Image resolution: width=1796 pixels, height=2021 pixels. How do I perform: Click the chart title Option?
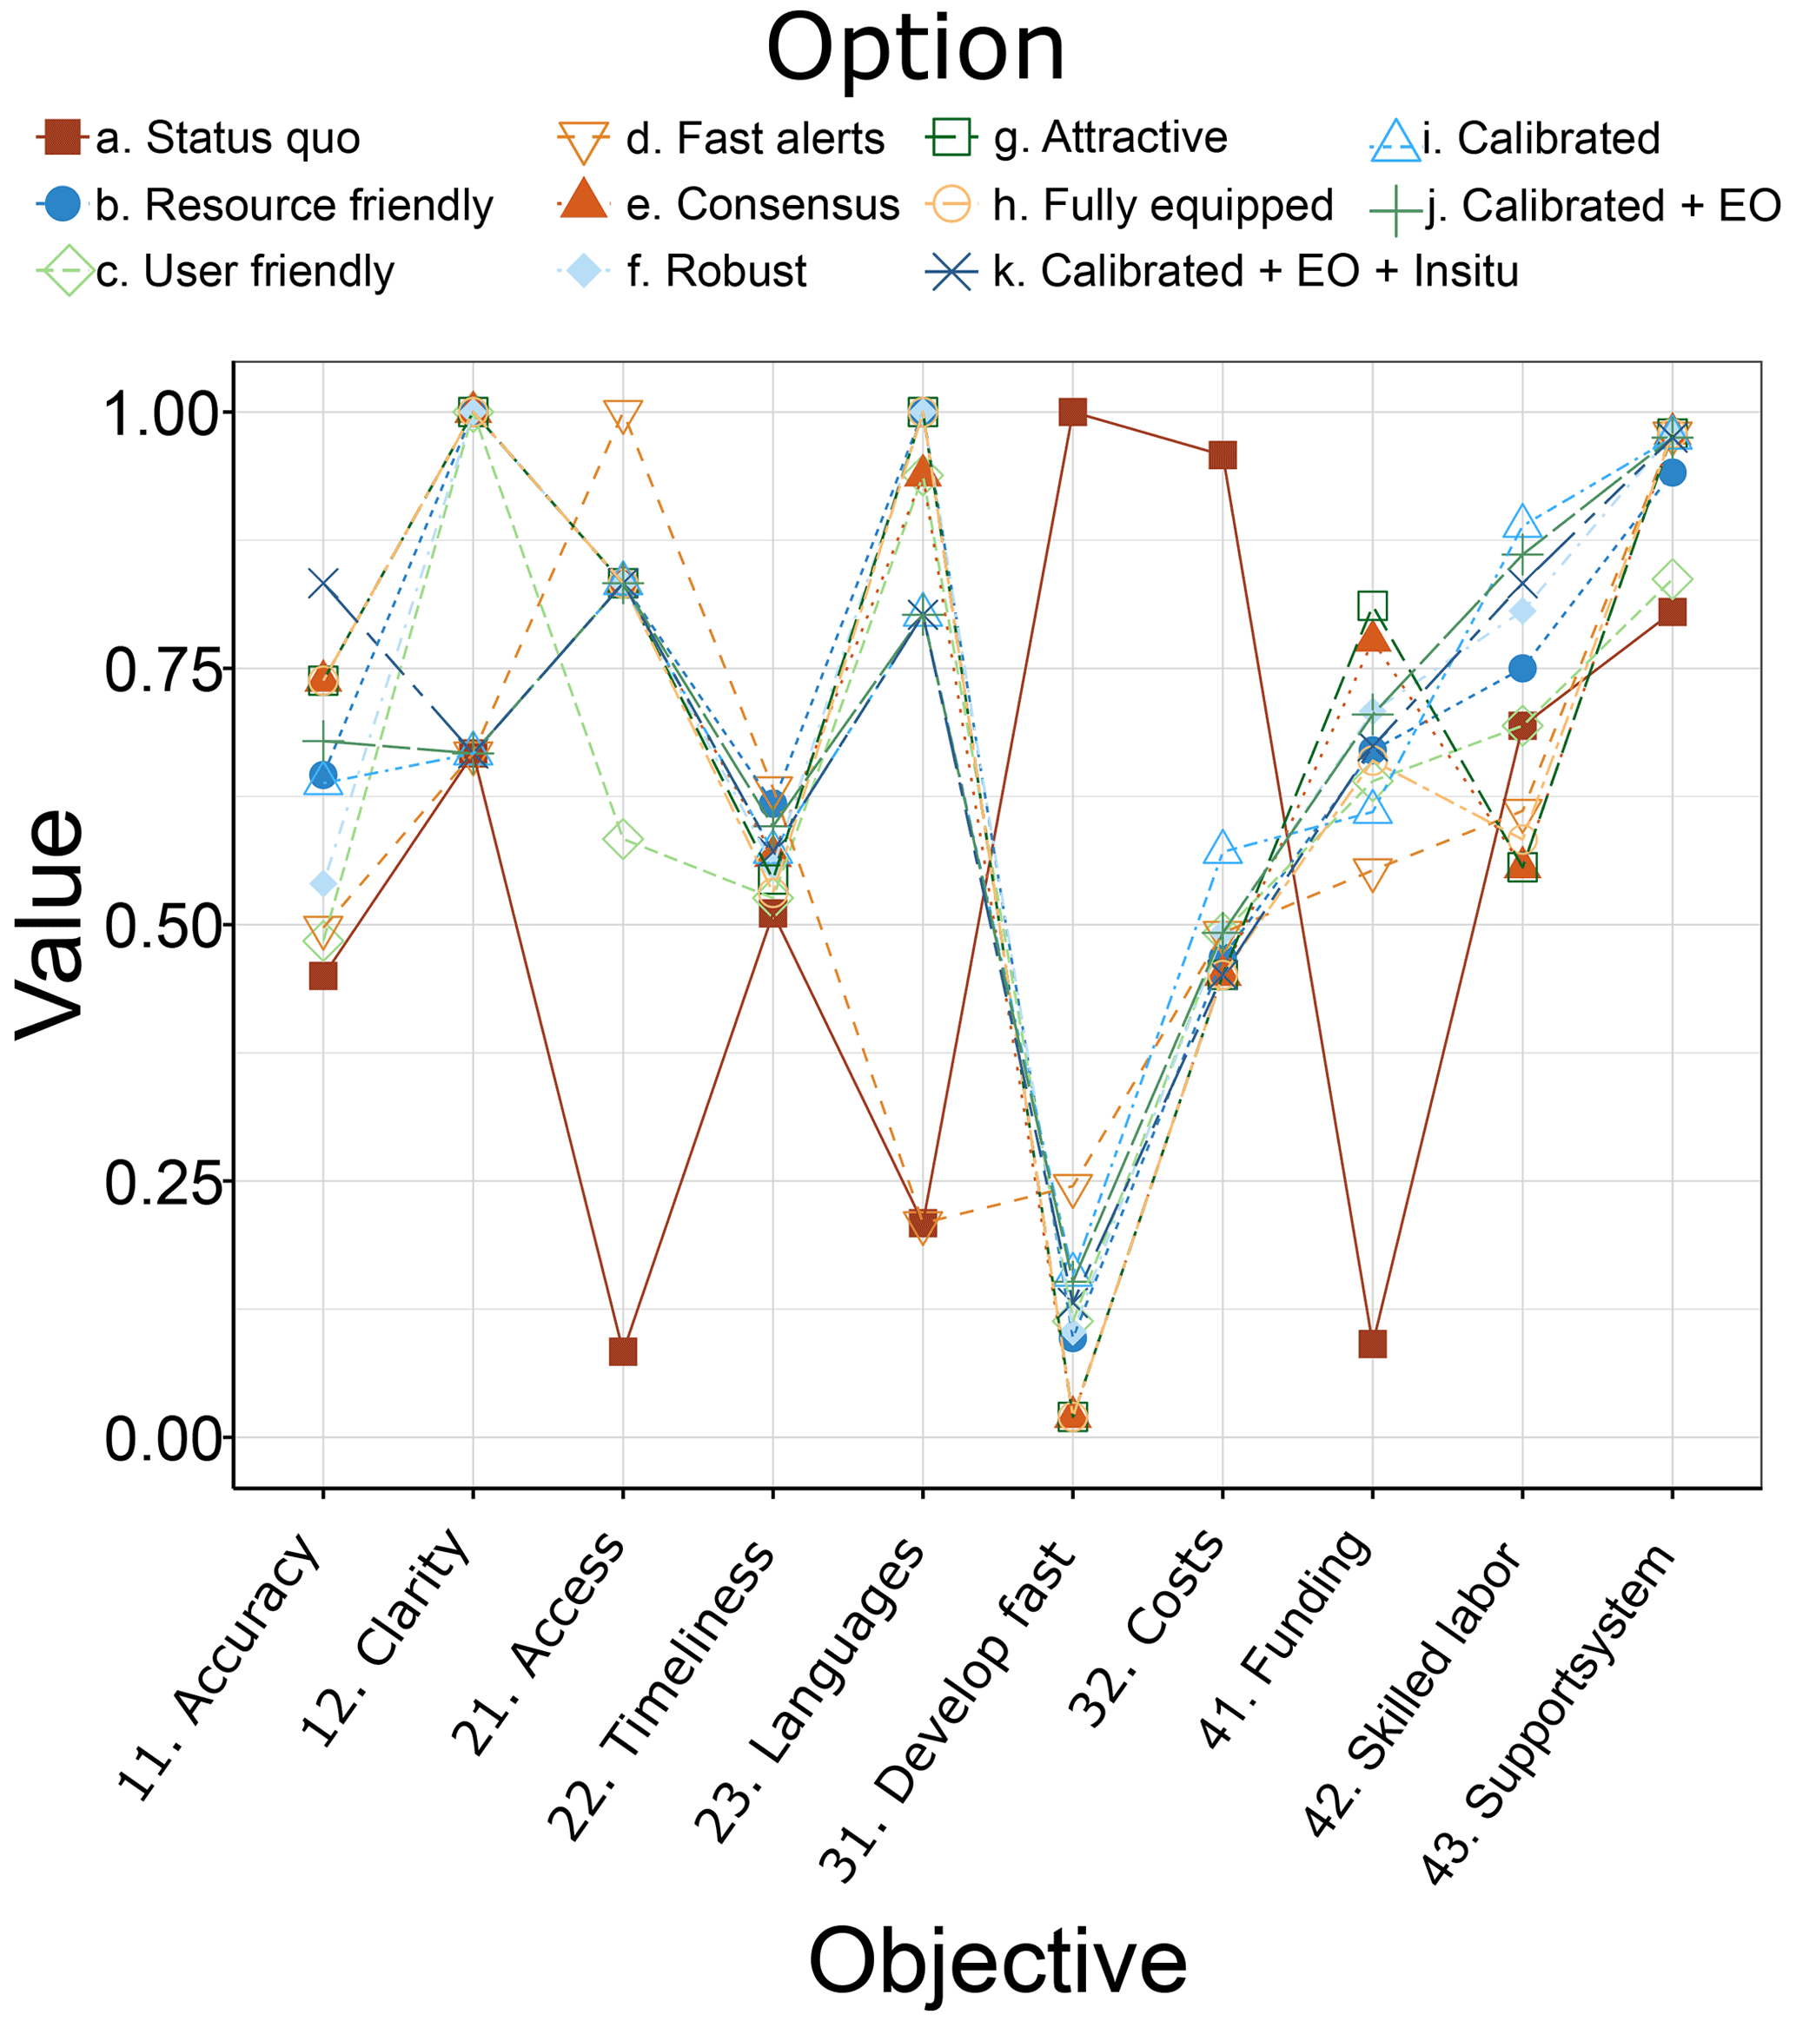915,50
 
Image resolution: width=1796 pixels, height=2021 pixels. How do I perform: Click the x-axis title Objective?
997,1962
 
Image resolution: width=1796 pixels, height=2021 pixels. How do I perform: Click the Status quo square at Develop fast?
1073,413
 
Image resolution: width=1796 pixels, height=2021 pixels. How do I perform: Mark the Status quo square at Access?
623,1351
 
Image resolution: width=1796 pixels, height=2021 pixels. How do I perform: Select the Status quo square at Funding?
1373,1344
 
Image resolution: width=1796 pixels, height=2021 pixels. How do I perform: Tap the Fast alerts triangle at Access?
623,416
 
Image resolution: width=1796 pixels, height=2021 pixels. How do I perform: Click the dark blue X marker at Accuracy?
323,585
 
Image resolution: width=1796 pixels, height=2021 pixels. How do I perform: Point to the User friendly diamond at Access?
623,840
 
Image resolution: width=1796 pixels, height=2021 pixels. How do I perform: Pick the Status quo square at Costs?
1223,456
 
